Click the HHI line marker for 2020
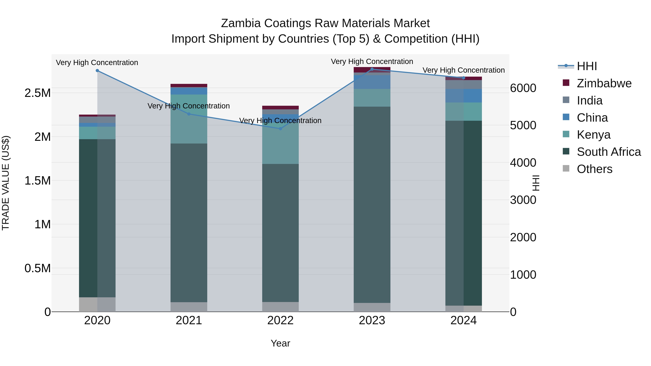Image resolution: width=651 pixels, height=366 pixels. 97,71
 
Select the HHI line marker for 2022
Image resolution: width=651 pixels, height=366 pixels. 280,129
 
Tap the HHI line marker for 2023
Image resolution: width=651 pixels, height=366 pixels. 372,69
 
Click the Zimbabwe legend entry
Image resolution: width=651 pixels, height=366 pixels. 604,83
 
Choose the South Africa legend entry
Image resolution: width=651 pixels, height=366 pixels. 609,152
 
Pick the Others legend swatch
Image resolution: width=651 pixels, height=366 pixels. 566,168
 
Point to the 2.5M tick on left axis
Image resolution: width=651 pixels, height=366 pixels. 37,93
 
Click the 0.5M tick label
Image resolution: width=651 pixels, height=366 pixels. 37,268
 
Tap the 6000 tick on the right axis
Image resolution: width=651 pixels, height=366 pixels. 523,88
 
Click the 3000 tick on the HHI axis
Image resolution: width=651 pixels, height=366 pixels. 523,200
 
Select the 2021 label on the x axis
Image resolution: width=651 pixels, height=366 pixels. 189,320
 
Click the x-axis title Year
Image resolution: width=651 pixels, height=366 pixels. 280,343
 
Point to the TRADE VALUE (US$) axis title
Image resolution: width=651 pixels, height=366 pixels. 6,183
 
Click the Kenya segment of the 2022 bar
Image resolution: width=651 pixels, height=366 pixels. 280,144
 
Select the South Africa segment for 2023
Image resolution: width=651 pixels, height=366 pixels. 372,205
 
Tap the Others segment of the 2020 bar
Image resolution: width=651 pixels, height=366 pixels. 97,304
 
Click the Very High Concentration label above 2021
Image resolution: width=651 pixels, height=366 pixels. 189,106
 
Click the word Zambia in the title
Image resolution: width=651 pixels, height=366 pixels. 241,23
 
